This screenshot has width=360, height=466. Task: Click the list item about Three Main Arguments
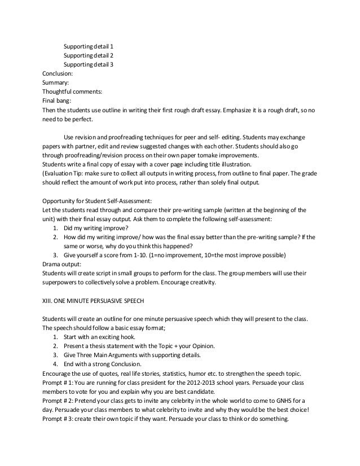135,355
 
